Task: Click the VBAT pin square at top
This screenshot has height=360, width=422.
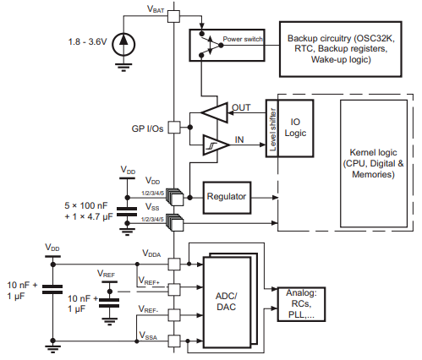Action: (174, 15)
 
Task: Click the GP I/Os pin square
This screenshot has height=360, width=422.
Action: (174, 128)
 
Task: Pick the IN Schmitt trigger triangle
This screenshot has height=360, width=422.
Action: (216, 145)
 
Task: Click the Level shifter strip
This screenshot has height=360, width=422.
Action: (272, 129)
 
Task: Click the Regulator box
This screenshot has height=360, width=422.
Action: (226, 196)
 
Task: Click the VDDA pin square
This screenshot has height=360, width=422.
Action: (174, 263)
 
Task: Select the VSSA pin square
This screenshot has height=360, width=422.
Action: (174, 341)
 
